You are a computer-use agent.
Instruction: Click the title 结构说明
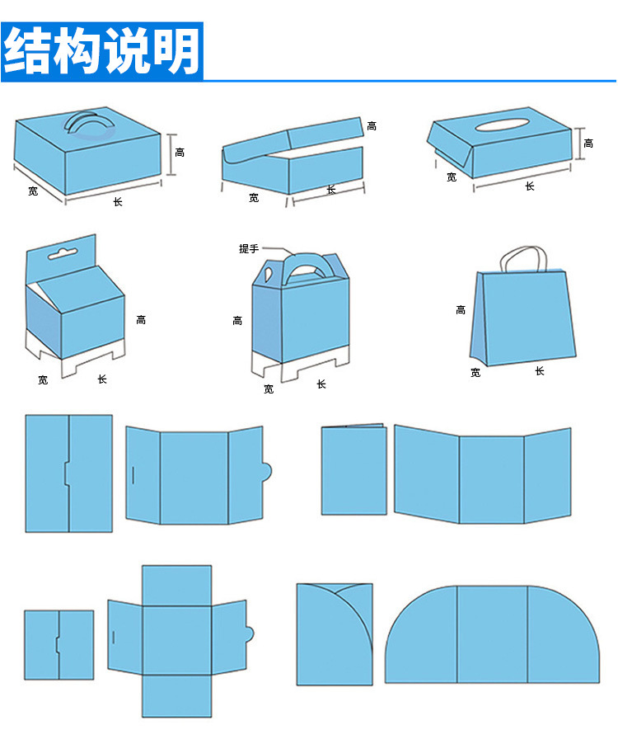tap(102, 51)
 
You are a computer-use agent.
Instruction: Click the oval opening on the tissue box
tap(502, 125)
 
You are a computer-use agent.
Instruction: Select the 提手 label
tap(249, 248)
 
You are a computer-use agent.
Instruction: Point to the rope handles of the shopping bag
tap(523, 258)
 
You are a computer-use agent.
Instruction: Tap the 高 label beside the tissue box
tap(588, 143)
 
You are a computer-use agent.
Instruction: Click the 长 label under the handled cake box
tap(118, 201)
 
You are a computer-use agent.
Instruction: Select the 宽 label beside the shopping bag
tap(475, 373)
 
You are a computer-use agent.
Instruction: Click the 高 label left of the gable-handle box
tap(237, 320)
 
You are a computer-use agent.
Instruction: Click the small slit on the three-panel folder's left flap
tap(133, 474)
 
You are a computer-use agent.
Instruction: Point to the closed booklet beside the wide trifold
tap(353, 469)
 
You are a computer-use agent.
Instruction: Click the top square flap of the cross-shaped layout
tap(176, 586)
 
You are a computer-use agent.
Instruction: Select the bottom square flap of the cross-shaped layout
tap(176, 696)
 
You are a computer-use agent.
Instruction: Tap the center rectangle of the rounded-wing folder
tap(492, 634)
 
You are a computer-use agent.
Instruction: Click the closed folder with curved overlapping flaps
tap(335, 634)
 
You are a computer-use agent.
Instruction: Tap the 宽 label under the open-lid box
tap(254, 198)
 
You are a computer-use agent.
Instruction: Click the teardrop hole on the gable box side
tap(269, 274)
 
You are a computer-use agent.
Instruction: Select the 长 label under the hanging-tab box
tap(102, 379)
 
